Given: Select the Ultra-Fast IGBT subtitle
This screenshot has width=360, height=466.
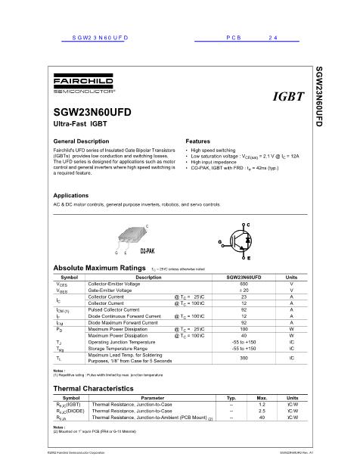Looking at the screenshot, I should (x=79, y=122).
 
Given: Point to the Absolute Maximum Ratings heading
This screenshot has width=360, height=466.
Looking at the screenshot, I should (x=98, y=269).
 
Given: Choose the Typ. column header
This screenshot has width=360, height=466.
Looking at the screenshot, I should (x=231, y=398).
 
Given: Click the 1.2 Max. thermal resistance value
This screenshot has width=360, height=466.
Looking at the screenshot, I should (x=262, y=405).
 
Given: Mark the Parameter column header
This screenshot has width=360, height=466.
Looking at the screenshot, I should (x=152, y=398).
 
